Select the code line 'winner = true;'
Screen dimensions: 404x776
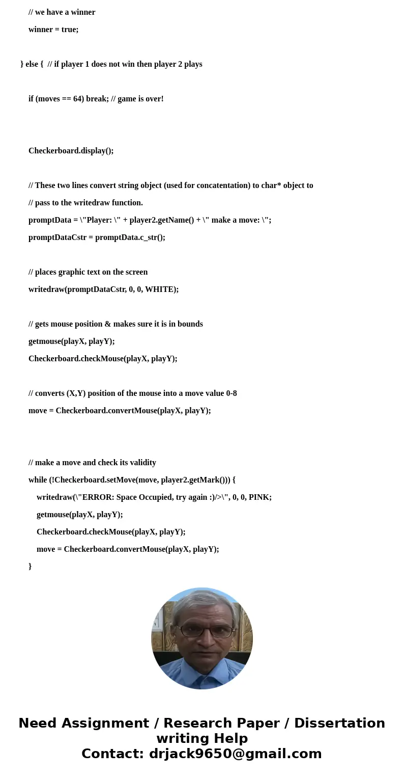click(53, 30)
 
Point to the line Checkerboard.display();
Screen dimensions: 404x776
click(71, 151)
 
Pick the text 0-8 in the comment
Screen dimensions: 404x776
click(231, 393)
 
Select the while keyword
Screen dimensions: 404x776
click(38, 480)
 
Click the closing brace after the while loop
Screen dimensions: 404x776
click(30, 566)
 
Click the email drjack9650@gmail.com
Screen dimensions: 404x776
click(235, 754)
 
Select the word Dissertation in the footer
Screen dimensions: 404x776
click(339, 723)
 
